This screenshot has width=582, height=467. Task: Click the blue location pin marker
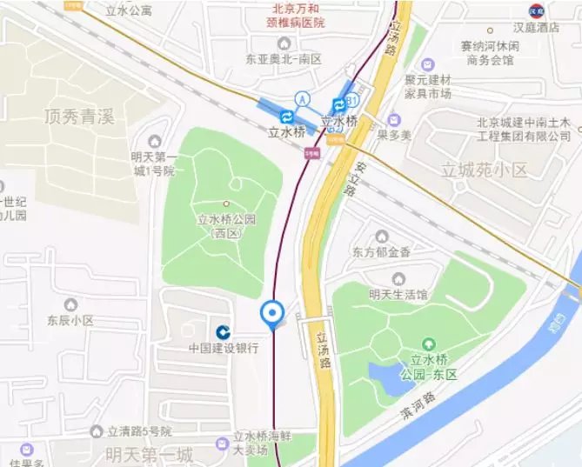[273, 314]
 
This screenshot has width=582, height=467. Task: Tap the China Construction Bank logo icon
[224, 331]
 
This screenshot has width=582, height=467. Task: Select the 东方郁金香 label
[381, 252]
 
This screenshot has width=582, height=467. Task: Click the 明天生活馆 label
[398, 294]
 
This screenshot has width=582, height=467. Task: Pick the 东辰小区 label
[70, 320]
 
